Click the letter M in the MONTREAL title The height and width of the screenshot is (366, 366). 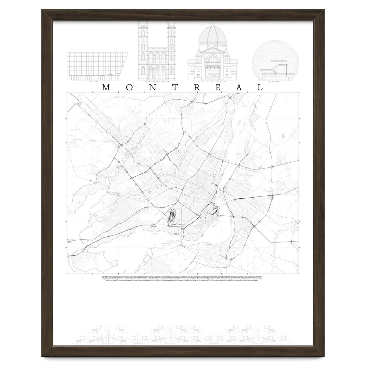(106, 87)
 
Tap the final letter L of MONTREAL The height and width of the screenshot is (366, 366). (260, 87)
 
